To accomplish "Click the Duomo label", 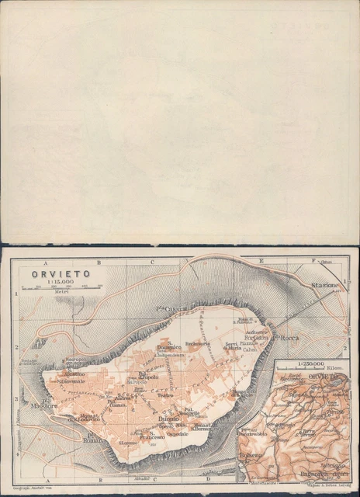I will click(x=169, y=419).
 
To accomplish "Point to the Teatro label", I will click(x=165, y=395).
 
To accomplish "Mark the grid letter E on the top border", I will click(x=261, y=262).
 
